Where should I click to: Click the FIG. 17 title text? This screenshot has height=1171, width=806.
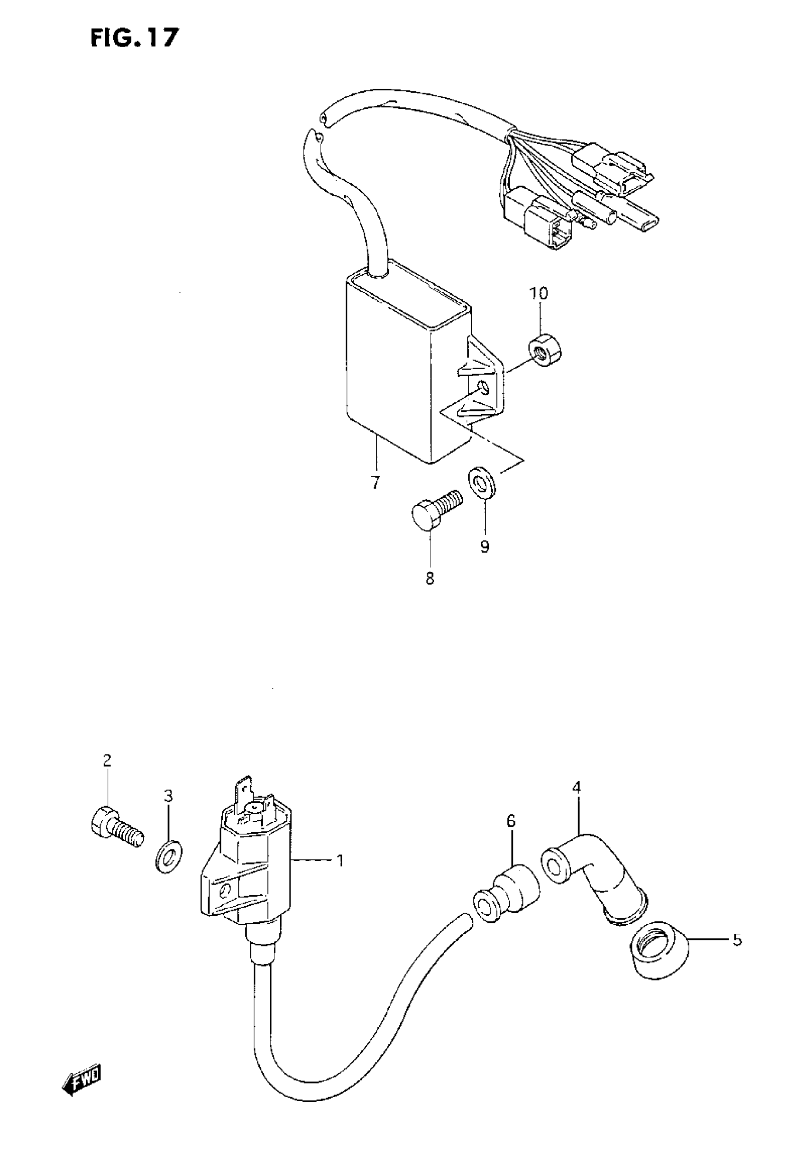[134, 38]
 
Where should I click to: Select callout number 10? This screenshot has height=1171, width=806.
[538, 293]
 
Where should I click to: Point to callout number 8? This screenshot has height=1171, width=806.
[430, 579]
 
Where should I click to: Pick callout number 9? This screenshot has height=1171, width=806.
[485, 546]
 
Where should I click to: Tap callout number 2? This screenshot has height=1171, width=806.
[107, 774]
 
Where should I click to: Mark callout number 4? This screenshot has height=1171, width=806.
[577, 787]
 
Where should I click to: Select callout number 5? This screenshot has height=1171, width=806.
[737, 940]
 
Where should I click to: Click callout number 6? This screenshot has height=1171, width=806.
[511, 822]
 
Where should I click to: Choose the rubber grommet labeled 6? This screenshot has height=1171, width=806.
[506, 897]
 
